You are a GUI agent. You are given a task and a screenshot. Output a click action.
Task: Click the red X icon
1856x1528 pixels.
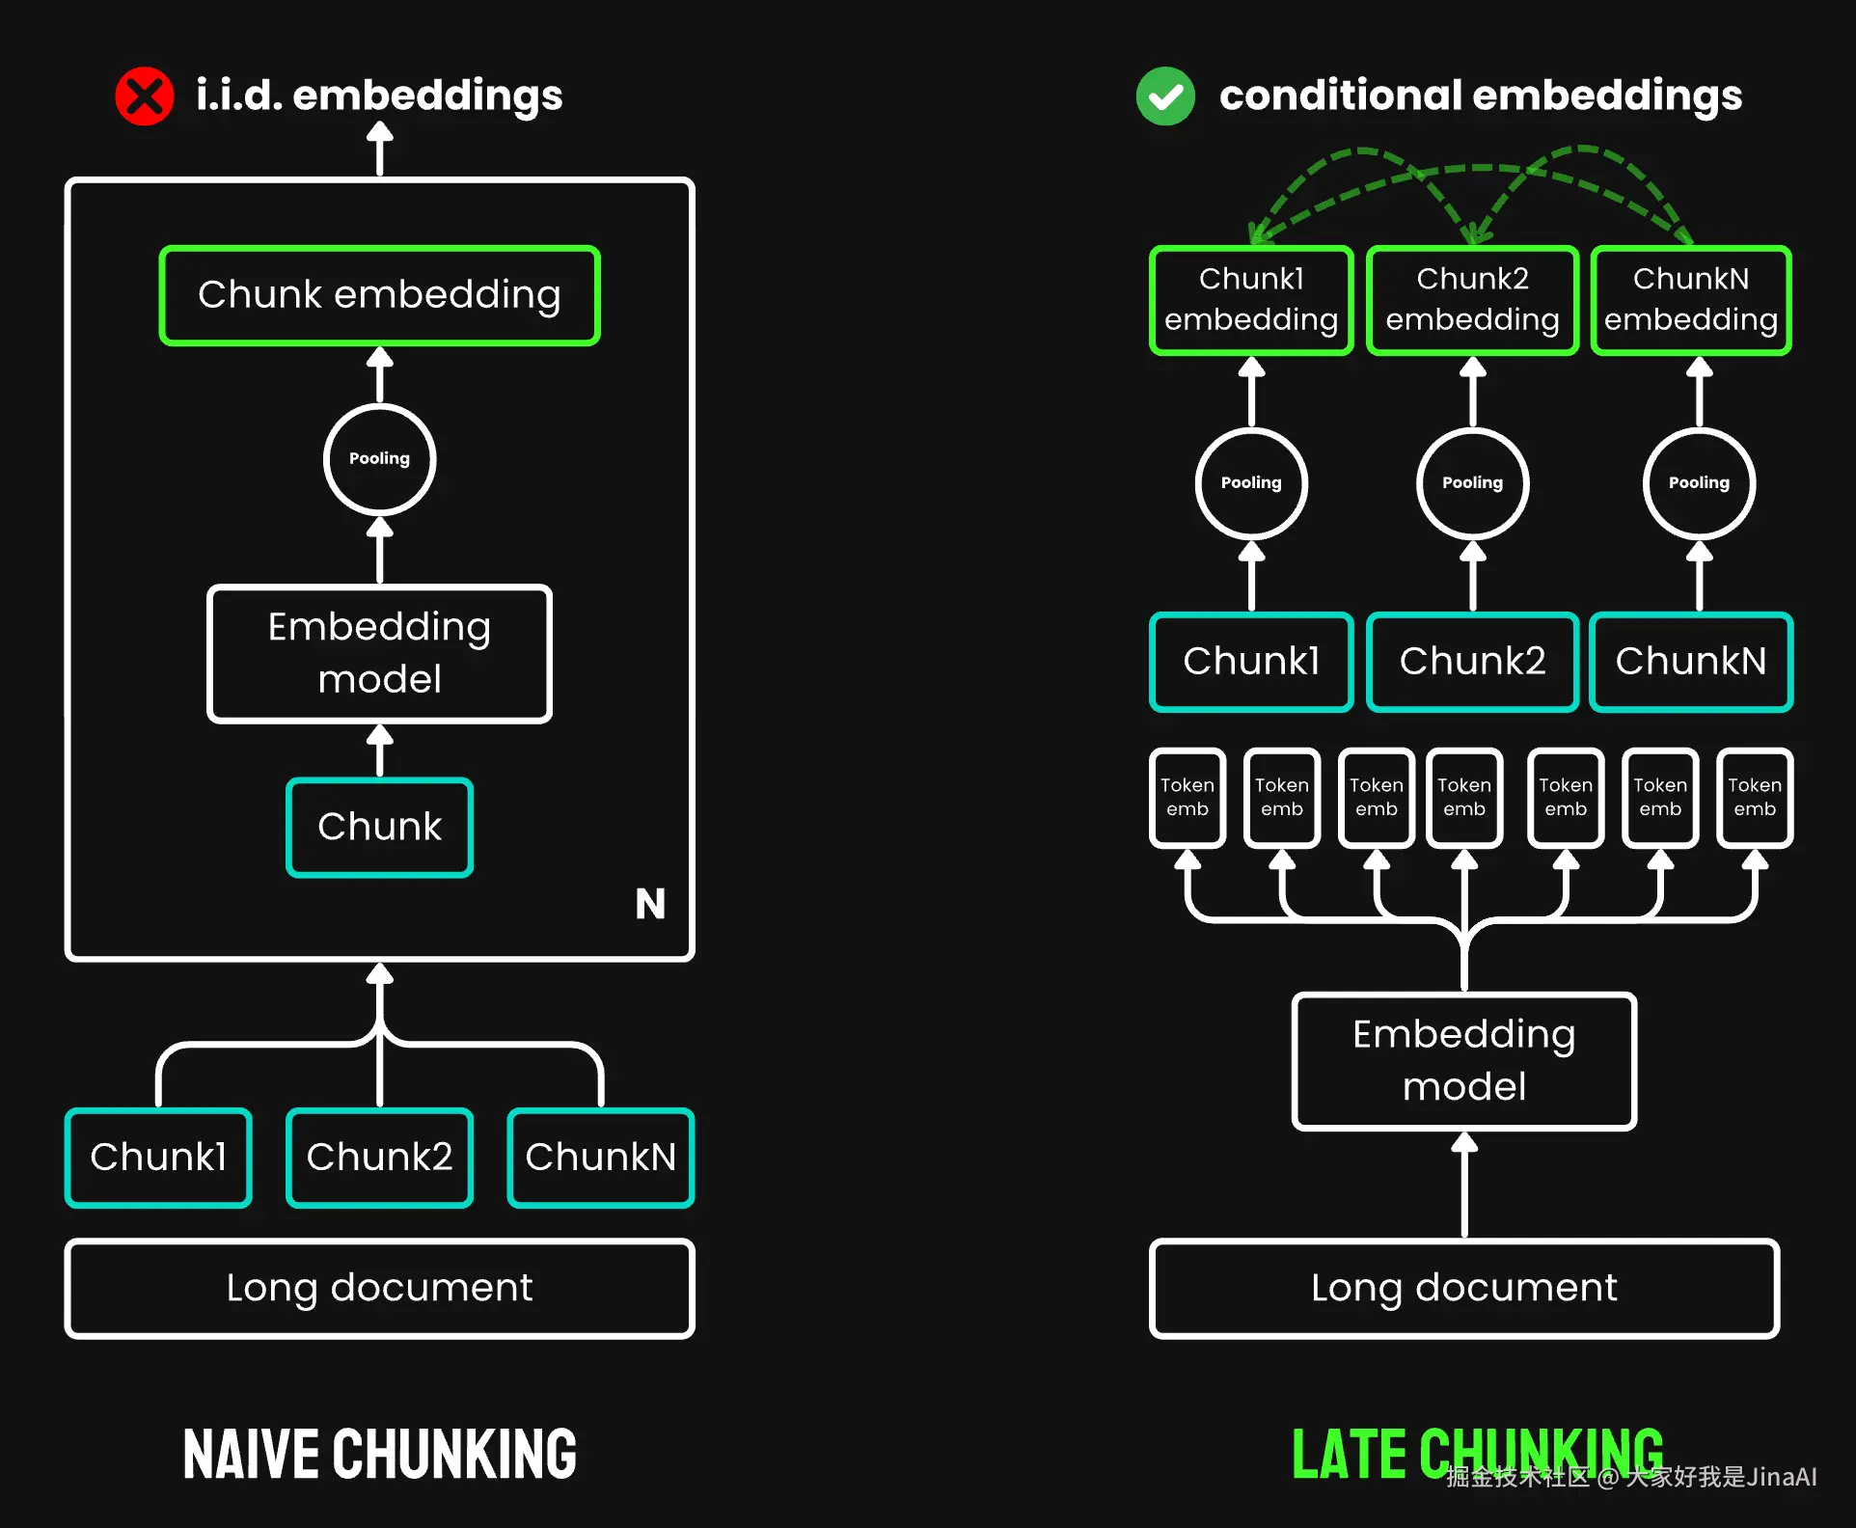[x=145, y=95]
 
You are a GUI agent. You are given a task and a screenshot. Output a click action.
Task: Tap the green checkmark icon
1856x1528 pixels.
[x=1165, y=95]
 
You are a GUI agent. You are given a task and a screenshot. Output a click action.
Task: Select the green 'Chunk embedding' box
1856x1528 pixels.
[x=379, y=295]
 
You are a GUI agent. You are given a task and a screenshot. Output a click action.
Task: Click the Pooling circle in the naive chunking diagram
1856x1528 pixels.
[x=379, y=459]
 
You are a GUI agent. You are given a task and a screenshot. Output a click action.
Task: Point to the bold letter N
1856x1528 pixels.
[x=650, y=904]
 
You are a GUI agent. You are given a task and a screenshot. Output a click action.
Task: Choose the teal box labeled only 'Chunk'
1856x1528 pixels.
[x=379, y=827]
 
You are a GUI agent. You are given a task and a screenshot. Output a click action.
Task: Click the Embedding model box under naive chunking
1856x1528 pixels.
[x=379, y=653]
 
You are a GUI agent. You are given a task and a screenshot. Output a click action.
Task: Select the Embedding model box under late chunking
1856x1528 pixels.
[x=1463, y=1060]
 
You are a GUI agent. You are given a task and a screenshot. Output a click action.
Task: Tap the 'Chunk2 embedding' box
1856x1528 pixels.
[x=1472, y=300]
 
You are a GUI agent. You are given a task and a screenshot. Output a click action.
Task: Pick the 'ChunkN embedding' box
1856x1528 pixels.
[x=1690, y=300]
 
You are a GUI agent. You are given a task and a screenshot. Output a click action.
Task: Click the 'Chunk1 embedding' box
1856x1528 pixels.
[x=1251, y=300]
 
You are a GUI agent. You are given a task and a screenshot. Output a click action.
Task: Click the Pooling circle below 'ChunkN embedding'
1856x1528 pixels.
[x=1699, y=483]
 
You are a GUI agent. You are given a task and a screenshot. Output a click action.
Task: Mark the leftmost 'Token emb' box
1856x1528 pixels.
[x=1187, y=798]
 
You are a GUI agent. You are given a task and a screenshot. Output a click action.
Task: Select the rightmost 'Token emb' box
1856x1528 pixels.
[x=1754, y=798]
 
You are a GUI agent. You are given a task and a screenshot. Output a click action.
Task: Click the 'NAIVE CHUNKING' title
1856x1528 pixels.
[x=379, y=1455]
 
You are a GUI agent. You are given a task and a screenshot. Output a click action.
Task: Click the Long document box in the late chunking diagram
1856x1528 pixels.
[x=1463, y=1288]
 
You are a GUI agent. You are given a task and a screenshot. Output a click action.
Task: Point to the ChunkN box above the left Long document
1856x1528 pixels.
[x=600, y=1157]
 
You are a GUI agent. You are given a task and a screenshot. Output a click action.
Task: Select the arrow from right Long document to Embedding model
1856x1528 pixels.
[x=1464, y=1187]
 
